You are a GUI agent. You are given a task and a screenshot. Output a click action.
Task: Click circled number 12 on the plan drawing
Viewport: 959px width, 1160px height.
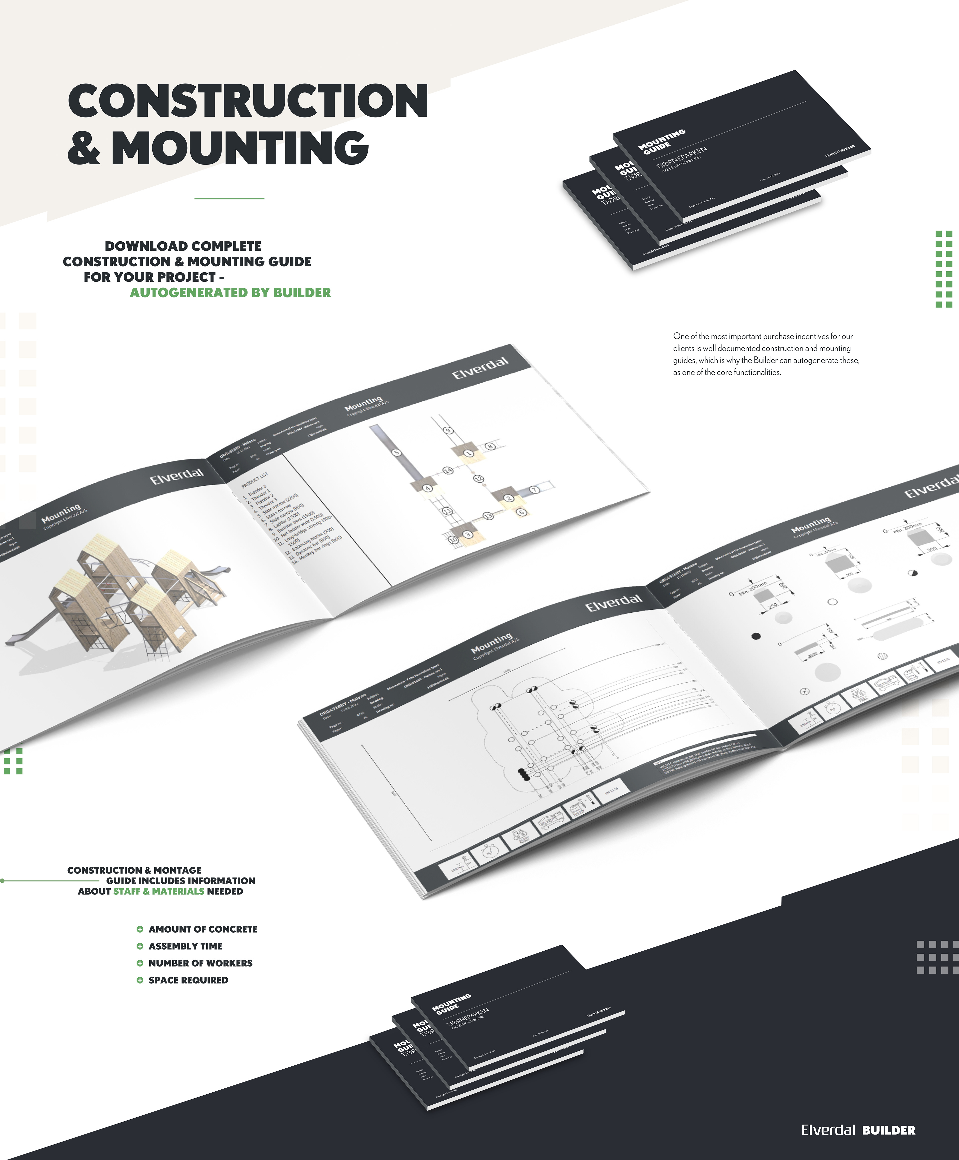[x=479, y=479]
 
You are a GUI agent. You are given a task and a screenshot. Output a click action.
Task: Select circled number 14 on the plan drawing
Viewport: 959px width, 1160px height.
[x=448, y=470]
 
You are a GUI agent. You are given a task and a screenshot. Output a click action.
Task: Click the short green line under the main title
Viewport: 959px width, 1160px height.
[x=229, y=198]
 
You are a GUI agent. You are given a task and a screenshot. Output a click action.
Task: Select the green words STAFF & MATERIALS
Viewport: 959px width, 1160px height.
[x=159, y=891]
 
